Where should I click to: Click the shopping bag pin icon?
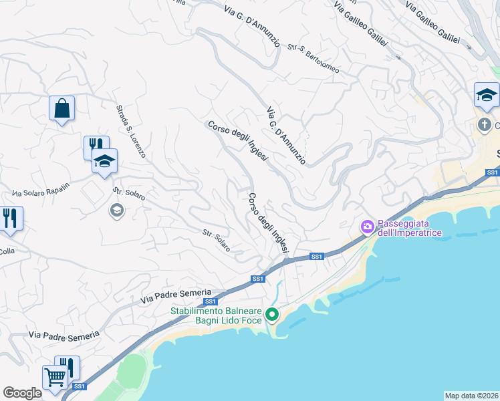(61, 108)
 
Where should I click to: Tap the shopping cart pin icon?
(55, 377)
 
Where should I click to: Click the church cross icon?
(484, 124)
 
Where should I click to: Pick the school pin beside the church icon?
(487, 96)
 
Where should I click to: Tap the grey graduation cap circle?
(116, 211)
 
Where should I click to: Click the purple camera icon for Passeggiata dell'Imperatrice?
(367, 227)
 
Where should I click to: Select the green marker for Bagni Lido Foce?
(272, 314)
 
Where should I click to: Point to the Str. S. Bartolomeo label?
(314, 59)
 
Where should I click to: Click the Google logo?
(22, 393)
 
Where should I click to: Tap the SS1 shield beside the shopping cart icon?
(80, 386)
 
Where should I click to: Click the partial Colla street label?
(7, 251)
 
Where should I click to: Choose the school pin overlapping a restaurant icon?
(104, 161)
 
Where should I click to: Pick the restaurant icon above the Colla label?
(9, 218)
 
